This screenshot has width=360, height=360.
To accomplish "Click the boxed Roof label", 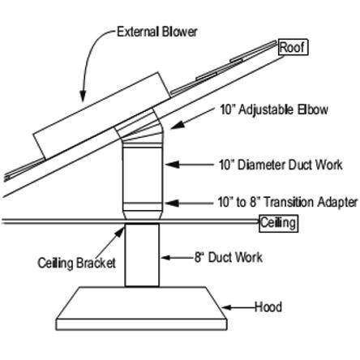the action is pyautogui.click(x=293, y=48).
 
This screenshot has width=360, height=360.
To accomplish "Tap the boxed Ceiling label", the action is pyautogui.click(x=278, y=223).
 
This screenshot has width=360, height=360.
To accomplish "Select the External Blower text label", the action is pyautogui.click(x=156, y=32).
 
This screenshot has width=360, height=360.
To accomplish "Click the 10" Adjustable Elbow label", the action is pyautogui.click(x=274, y=109).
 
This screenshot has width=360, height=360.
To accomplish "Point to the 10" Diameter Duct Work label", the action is pyautogui.click(x=281, y=165).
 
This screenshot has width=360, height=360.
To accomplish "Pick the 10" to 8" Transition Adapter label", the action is pyautogui.click(x=288, y=202).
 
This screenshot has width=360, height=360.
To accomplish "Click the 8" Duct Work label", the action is pyautogui.click(x=229, y=257).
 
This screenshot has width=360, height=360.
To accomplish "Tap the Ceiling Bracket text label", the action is pyautogui.click(x=77, y=264).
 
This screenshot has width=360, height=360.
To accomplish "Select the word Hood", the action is pyautogui.click(x=268, y=307).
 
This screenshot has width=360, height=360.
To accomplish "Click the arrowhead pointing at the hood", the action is pyautogui.click(x=226, y=307).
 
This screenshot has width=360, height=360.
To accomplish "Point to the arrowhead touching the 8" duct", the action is pyautogui.click(x=165, y=258).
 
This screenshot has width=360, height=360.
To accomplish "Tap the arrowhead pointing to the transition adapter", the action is pyautogui.click(x=172, y=203).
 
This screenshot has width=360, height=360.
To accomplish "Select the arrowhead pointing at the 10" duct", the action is pyautogui.click(x=173, y=165).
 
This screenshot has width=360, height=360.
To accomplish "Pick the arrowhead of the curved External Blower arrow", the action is pyautogui.click(x=83, y=96).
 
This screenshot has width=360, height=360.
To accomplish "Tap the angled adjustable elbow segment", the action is pyautogui.click(x=139, y=126).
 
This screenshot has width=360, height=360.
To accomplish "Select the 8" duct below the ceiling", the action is pyautogui.click(x=142, y=255).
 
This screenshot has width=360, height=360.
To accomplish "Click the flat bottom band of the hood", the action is pyautogui.click(x=141, y=324).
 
